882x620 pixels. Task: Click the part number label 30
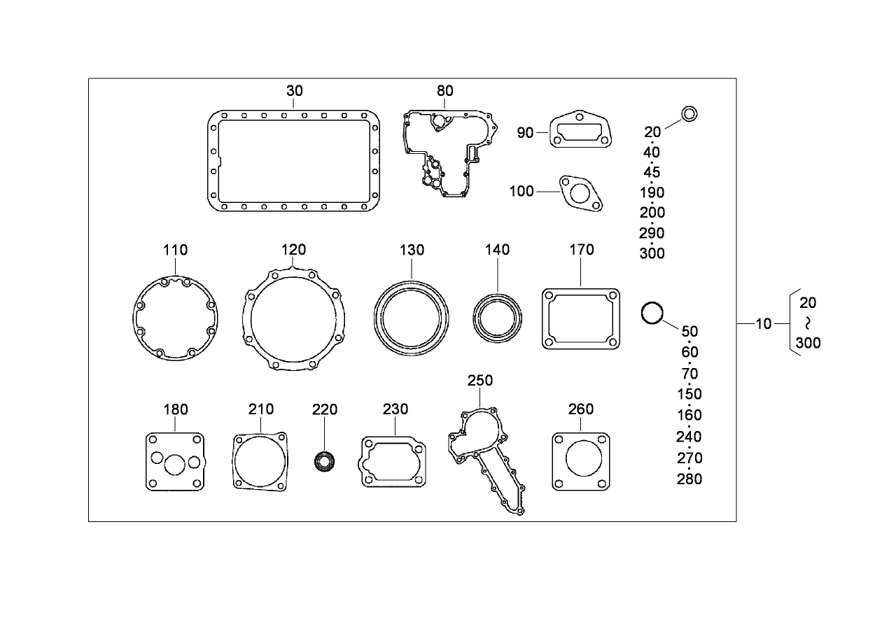pos(295,90)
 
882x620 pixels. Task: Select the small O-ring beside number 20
pos(689,113)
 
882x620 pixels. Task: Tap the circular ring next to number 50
pos(652,313)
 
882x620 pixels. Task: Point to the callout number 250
pos(480,381)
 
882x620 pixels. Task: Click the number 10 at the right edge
pos(764,323)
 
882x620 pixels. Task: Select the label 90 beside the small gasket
pos(525,133)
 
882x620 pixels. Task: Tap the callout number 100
pos(521,192)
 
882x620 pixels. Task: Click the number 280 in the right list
pos(689,479)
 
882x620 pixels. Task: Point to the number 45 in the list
pos(652,172)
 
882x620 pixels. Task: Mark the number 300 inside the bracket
pos(808,344)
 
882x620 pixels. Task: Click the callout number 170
pos(582,250)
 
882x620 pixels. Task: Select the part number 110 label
pos(176,250)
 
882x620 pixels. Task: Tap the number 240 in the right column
pos(689,437)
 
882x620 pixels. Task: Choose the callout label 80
pos(445,90)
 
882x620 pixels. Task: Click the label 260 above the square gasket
pos(581,409)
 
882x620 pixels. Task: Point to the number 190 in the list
pos(652,192)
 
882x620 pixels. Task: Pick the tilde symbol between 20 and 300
pos(808,323)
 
